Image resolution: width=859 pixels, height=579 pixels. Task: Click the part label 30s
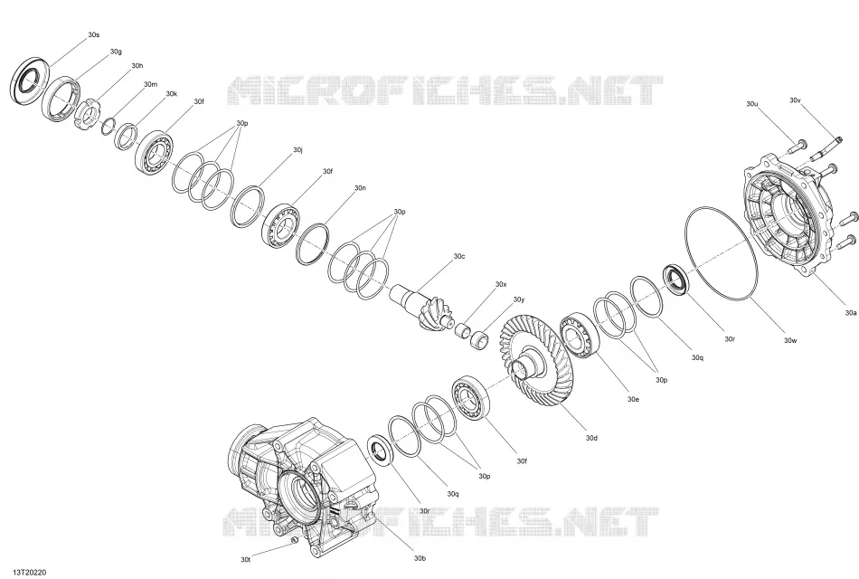[x=94, y=35]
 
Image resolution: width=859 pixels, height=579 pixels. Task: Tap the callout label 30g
[x=116, y=52]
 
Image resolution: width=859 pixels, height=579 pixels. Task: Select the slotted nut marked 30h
[x=86, y=113]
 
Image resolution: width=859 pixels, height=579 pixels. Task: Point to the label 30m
[x=150, y=84]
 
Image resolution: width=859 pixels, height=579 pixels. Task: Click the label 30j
[x=298, y=149]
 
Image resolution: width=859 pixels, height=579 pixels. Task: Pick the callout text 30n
[x=360, y=188]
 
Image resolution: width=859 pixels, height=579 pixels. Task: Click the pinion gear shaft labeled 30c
[x=422, y=306]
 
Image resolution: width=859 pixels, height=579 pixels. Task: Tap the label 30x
[x=501, y=285]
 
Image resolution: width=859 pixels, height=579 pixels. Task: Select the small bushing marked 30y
[x=480, y=338]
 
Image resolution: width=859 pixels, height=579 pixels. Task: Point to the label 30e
[x=633, y=399]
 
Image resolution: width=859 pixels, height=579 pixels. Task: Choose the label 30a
[x=850, y=313]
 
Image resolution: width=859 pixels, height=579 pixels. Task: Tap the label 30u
[x=752, y=104]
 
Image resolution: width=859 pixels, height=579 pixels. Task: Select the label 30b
[x=419, y=559]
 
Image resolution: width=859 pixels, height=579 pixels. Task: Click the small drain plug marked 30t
[x=294, y=541]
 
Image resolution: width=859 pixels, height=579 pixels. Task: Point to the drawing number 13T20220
[x=27, y=572]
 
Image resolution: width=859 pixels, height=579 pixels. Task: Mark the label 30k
[x=172, y=94]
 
